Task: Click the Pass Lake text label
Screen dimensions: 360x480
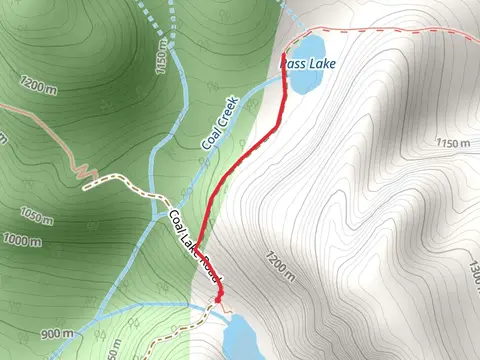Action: [x=308, y=64]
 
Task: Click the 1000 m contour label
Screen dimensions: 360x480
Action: [x=21, y=240]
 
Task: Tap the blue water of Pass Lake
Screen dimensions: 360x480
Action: [x=307, y=46]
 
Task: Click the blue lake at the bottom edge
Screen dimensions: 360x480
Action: [x=246, y=337]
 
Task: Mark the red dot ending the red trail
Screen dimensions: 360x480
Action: [x=218, y=297]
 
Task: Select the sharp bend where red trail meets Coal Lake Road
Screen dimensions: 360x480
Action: [x=195, y=246]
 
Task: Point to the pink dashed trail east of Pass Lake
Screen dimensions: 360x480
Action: [x=400, y=31]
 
